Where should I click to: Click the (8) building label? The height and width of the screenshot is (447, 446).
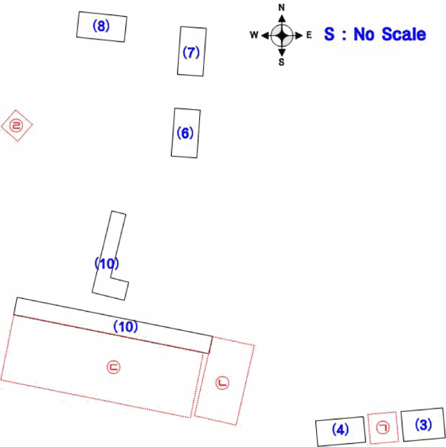(x=101, y=26)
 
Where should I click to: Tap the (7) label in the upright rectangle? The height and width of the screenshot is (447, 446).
(x=191, y=52)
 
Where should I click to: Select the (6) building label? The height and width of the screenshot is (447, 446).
(x=185, y=133)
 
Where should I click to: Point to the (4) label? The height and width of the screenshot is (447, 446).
(x=340, y=429)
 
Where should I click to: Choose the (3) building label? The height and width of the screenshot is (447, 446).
(x=424, y=425)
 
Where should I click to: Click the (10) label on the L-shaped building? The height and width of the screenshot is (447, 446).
(x=107, y=263)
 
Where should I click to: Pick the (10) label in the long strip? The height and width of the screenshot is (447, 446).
(x=125, y=326)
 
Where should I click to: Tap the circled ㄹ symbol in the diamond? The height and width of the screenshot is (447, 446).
(x=16, y=125)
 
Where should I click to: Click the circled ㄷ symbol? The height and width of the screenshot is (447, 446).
(x=114, y=367)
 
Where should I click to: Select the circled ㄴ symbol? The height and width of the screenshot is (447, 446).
(x=222, y=383)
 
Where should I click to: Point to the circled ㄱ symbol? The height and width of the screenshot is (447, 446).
(x=383, y=428)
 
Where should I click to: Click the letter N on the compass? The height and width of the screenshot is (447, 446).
(x=281, y=8)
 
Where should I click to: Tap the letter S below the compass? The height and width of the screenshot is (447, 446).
(x=281, y=62)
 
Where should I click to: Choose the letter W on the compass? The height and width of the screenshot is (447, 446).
(x=254, y=35)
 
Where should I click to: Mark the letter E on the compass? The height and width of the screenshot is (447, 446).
(x=309, y=35)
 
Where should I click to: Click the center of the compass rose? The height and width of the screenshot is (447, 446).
(x=282, y=36)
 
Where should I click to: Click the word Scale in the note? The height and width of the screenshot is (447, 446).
(x=404, y=34)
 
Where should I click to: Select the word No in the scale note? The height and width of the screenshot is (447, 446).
(x=364, y=34)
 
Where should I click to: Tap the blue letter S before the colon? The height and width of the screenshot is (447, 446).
(x=329, y=34)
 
